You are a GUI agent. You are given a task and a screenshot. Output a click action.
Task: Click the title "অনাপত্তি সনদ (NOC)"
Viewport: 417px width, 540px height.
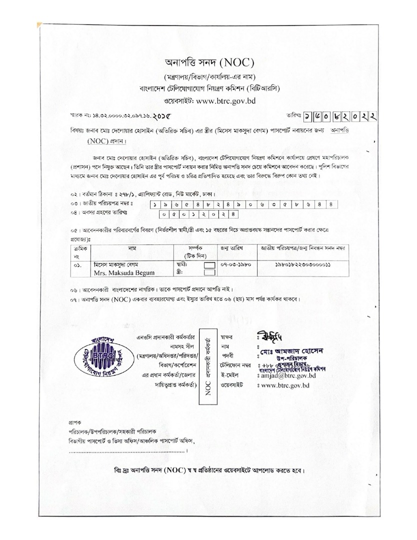pyautogui.click(x=210, y=63)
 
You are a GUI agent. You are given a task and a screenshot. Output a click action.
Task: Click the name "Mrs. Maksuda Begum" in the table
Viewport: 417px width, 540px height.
pyautogui.click(x=120, y=273)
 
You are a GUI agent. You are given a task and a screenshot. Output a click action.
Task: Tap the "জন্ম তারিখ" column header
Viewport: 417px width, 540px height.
pyautogui.click(x=231, y=248)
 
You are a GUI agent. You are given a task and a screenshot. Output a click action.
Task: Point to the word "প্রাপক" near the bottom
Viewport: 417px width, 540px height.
pyautogui.click(x=75, y=422)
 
